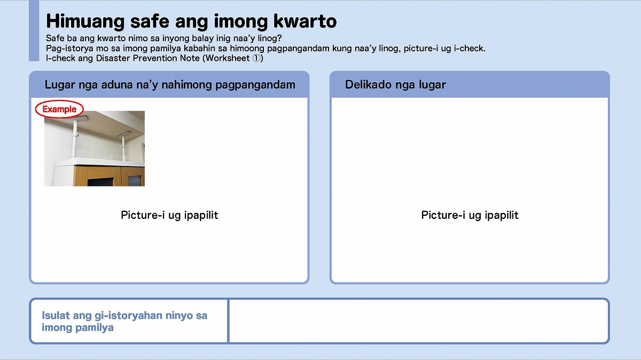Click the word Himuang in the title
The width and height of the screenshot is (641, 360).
pos(85,21)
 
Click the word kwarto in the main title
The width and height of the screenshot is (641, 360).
pos(305,21)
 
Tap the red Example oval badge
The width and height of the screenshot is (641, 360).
pos(59,109)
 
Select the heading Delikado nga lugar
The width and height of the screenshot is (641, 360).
pos(395,85)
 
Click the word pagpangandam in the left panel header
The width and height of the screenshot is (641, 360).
pos(255,85)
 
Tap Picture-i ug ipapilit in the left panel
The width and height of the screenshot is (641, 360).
pos(169,215)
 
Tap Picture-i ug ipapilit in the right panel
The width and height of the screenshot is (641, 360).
pos(470,215)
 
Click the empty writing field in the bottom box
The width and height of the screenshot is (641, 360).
pos(419,321)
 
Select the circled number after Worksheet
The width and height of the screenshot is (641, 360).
pos(257,58)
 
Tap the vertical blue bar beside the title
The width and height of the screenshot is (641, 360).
pos(34,30)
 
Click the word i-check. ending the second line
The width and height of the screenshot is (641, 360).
pos(470,49)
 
